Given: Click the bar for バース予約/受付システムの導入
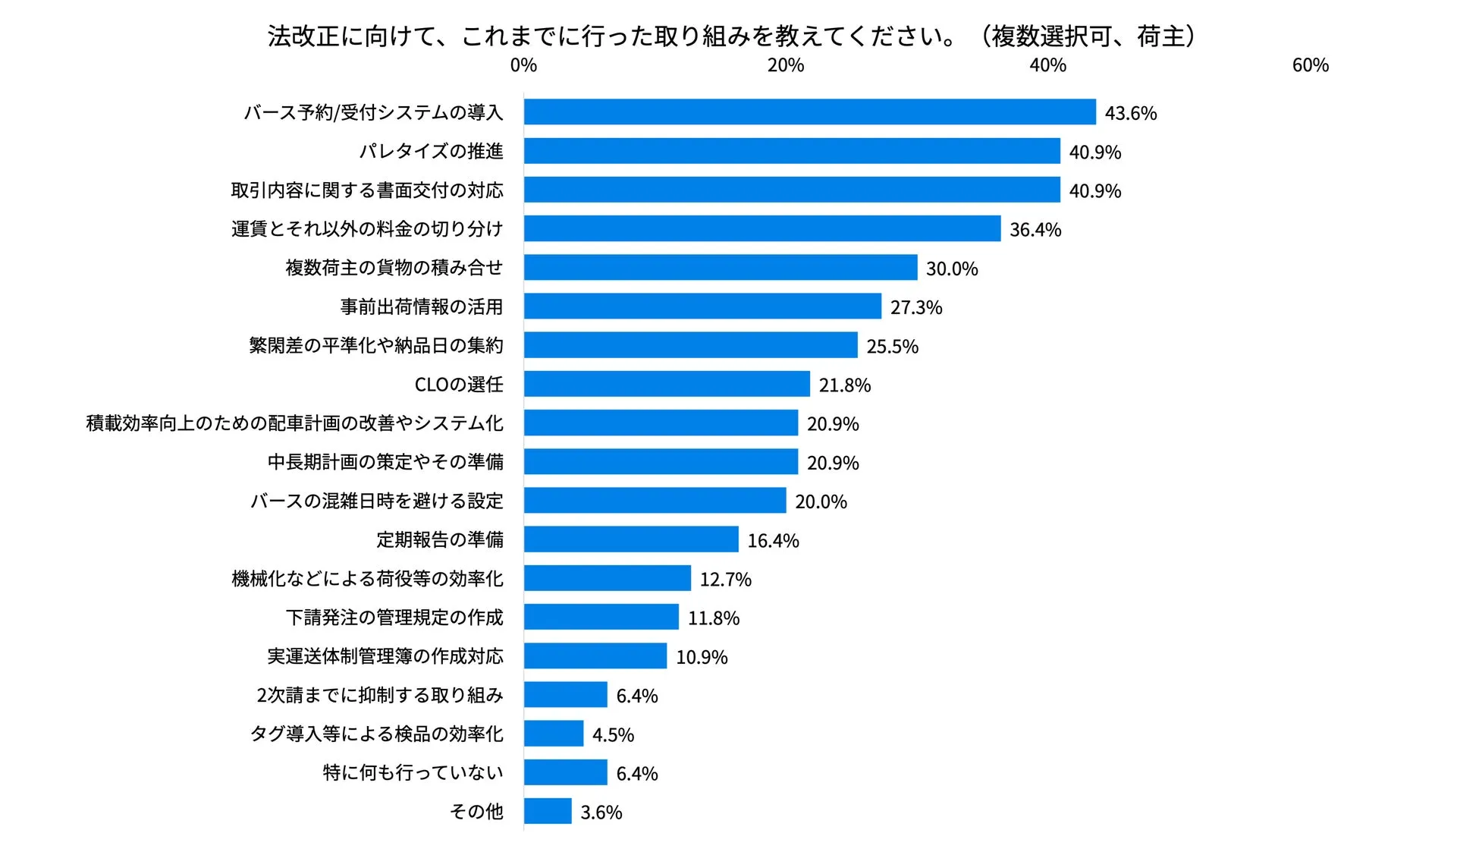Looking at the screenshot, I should (x=809, y=112).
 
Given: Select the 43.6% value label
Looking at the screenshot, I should (x=1130, y=114).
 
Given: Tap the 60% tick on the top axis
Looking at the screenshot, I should (x=1310, y=65).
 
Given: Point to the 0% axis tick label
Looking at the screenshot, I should (x=523, y=65).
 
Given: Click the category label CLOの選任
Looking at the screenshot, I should (x=458, y=385).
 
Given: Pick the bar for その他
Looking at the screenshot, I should (x=548, y=811).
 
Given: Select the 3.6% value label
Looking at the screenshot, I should (x=601, y=813).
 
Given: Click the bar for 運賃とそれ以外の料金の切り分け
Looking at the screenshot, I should (x=762, y=228).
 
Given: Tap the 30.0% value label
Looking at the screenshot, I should (x=951, y=269).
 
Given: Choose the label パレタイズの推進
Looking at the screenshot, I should (x=431, y=151).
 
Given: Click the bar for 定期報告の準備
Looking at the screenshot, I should (x=631, y=539).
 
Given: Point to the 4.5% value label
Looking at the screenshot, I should (x=613, y=735).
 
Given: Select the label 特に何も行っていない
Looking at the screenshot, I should (x=413, y=772).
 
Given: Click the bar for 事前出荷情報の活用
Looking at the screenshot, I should (x=702, y=307).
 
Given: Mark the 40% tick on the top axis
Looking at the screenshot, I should (x=1047, y=65).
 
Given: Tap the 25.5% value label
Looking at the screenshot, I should (x=892, y=347).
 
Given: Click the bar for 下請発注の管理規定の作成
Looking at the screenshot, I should (x=601, y=617).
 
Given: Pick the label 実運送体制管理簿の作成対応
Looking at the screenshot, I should (x=385, y=656).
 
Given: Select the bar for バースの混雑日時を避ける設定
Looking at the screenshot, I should (x=655, y=501).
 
